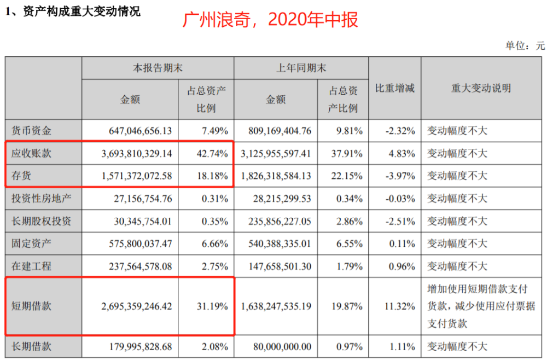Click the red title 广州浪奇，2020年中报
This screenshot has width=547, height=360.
[x=271, y=20]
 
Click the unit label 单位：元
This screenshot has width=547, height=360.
[x=525, y=46]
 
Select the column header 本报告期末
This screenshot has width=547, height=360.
[x=158, y=68]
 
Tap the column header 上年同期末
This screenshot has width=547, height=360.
[x=301, y=68]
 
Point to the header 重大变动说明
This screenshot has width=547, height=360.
[x=481, y=88]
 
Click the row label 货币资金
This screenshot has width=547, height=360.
[x=31, y=131]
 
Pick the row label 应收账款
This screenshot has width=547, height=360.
[x=31, y=153]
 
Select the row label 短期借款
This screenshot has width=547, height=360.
[x=31, y=306]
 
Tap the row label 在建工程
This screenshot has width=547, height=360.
[x=31, y=266]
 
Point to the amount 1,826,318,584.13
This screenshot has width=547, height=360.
[x=276, y=176]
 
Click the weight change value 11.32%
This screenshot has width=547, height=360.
[x=400, y=306]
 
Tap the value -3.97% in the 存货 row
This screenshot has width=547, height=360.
[x=400, y=176]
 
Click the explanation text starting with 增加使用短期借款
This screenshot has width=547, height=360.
[x=481, y=306]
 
